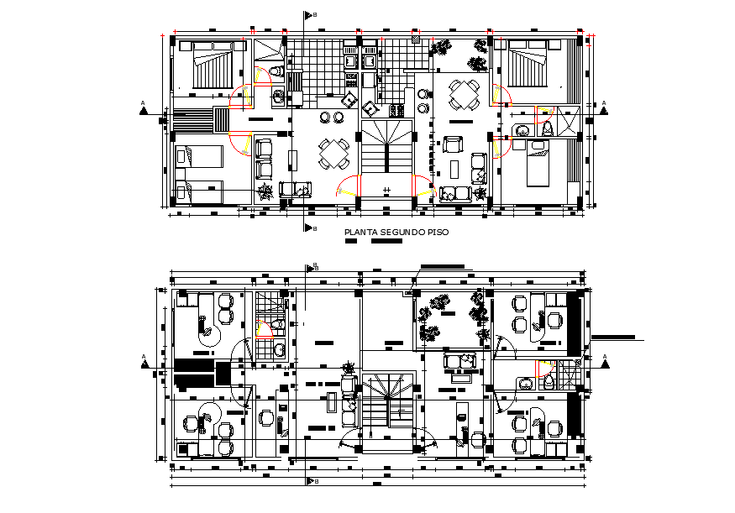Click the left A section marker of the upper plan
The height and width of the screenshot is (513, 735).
click(x=144, y=106)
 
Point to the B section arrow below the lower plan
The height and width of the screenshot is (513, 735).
click(x=310, y=481)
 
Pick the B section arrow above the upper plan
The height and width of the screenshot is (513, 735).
click(x=309, y=14)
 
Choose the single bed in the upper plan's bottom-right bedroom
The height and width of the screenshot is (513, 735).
click(x=536, y=165)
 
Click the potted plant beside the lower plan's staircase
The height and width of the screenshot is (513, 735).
click(x=348, y=367)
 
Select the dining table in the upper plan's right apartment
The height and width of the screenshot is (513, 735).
click(x=464, y=94)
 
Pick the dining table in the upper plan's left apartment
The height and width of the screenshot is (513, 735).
click(x=333, y=153)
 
